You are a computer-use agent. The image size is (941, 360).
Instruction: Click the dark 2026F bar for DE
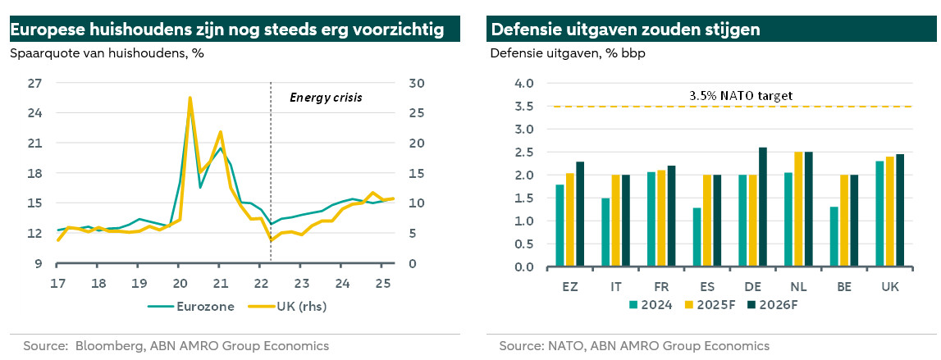[x=763, y=207]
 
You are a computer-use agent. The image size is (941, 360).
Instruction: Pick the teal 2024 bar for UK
[x=880, y=214]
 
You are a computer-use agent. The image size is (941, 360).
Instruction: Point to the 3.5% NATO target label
[x=741, y=95]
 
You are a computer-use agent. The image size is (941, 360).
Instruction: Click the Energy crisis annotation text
[x=326, y=97]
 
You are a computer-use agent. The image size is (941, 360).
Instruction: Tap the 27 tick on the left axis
[x=34, y=83]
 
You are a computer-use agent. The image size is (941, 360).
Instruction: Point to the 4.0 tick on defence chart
[x=523, y=83]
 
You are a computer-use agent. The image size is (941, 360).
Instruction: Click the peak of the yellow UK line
[x=190, y=98]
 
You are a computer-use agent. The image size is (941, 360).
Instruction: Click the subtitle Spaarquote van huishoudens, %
[x=107, y=54]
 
